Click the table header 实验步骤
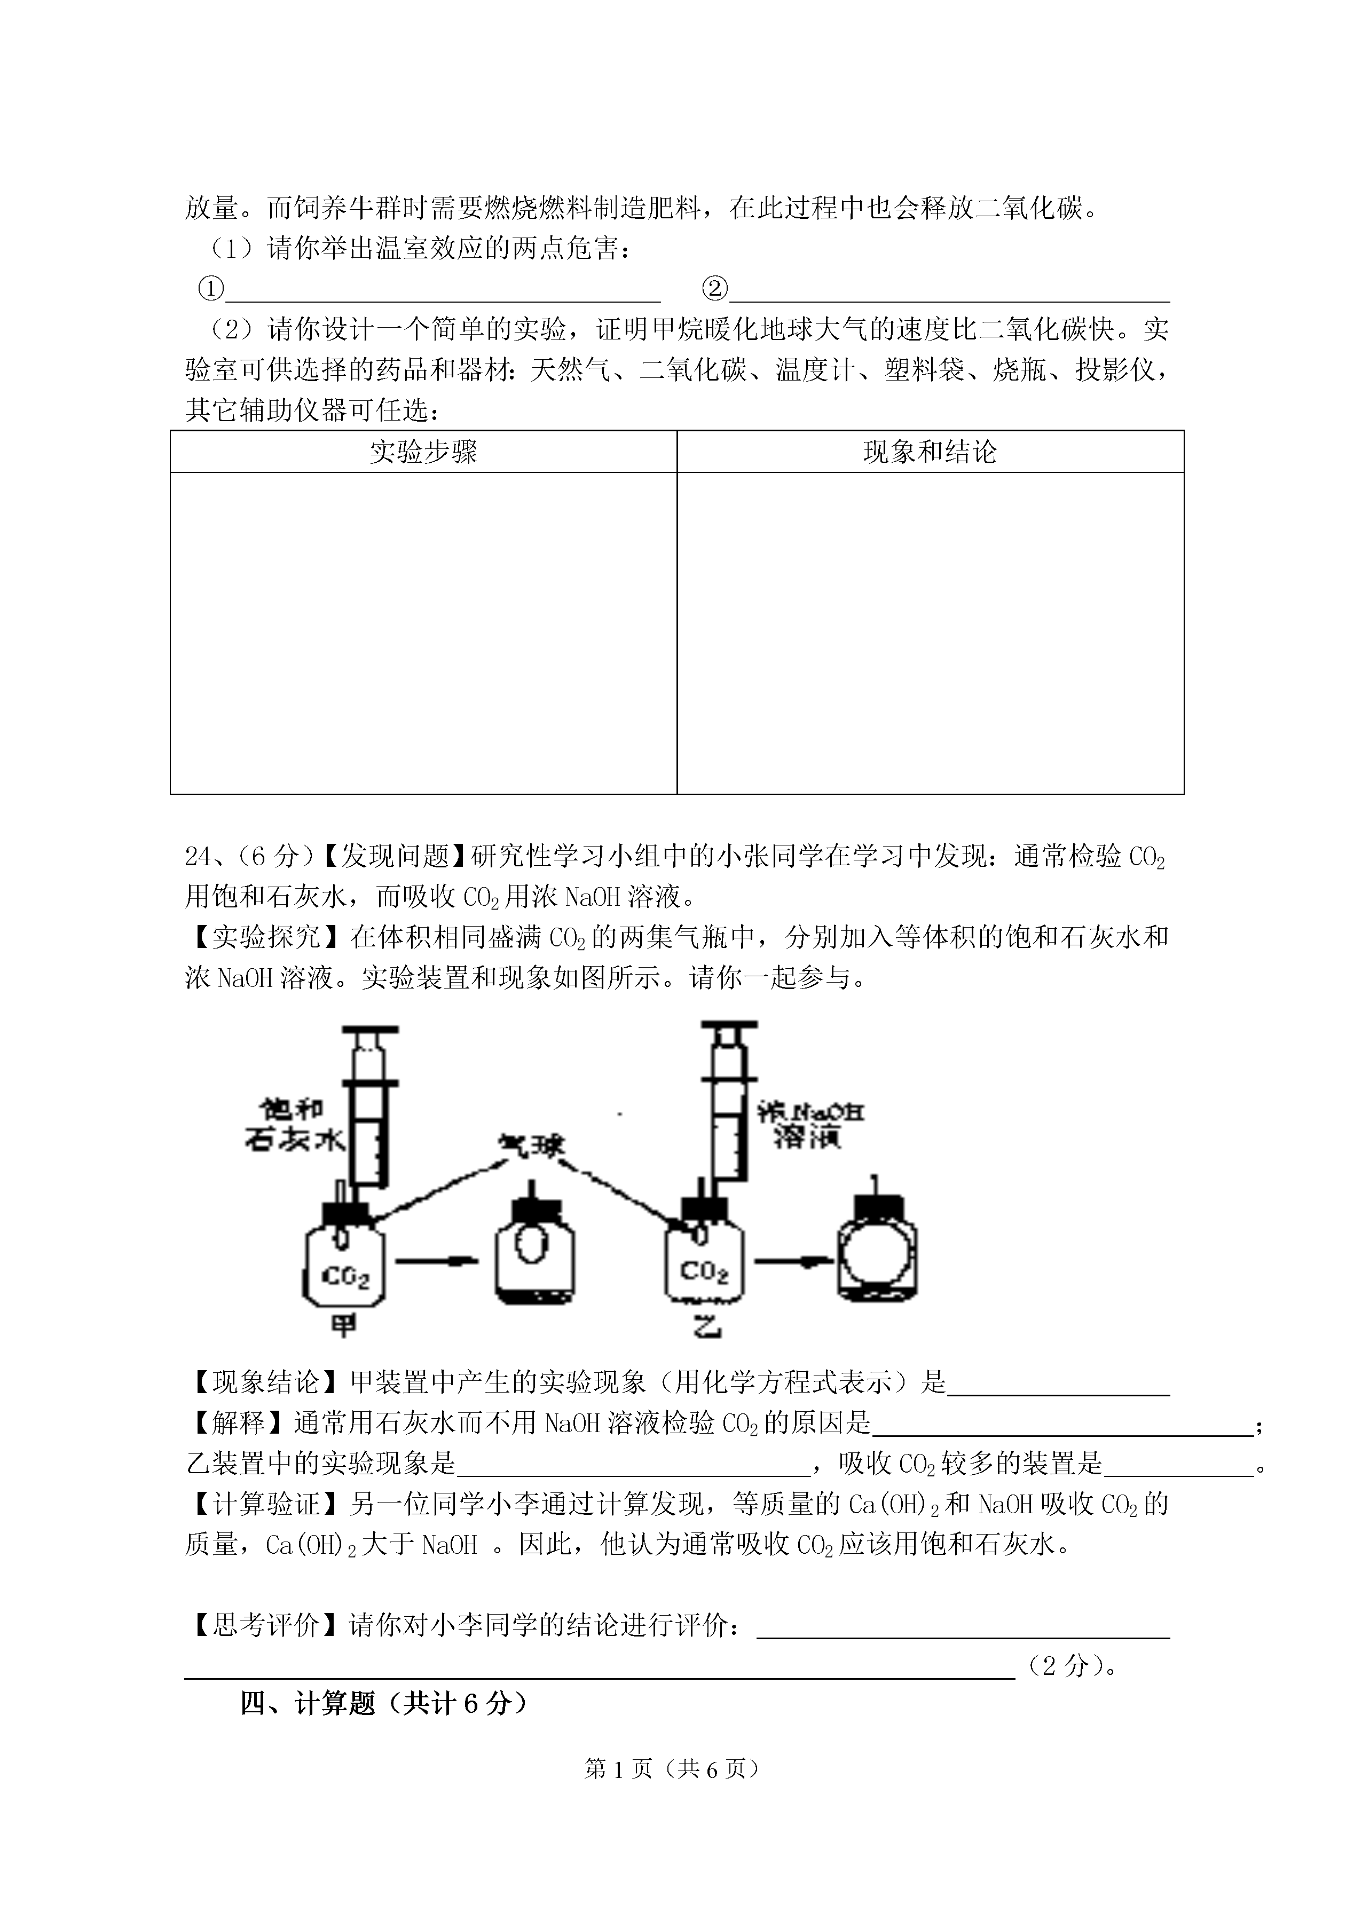click(423, 452)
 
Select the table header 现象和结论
click(931, 452)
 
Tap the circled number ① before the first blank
click(211, 289)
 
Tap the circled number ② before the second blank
click(714, 289)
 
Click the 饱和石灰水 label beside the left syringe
click(294, 1125)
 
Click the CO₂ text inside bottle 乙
click(705, 1271)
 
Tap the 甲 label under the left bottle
click(343, 1326)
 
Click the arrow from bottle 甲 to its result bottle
click(436, 1261)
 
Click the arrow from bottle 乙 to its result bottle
click(794, 1261)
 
